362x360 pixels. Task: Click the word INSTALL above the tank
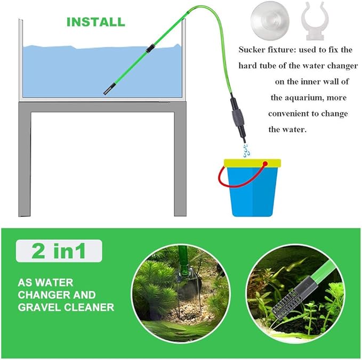click(95, 22)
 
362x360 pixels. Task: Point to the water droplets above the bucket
click(245, 149)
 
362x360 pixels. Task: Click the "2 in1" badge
click(59, 251)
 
